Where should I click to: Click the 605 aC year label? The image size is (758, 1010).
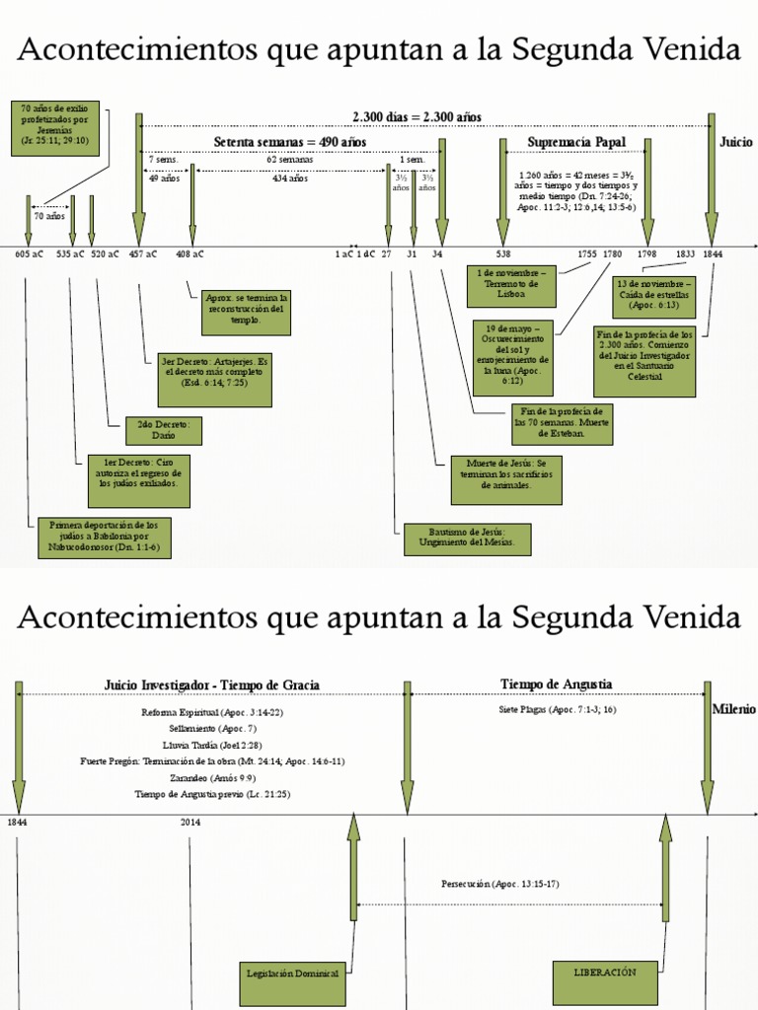[29, 254]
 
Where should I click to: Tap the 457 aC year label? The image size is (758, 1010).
[143, 254]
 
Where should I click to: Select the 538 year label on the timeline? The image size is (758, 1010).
[503, 254]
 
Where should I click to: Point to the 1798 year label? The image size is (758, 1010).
[646, 254]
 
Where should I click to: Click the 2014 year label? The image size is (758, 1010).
[190, 822]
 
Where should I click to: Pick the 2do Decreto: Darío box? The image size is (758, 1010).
[164, 431]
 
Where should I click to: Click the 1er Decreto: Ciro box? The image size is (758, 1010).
[137, 472]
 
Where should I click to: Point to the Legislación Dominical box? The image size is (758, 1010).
[292, 974]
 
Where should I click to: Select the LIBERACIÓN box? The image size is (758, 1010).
[604, 972]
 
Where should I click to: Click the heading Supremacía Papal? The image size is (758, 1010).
[576, 143]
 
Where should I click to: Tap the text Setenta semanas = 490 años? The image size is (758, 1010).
[289, 143]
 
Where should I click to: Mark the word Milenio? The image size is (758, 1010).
[733, 709]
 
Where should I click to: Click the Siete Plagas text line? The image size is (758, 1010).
[558, 709]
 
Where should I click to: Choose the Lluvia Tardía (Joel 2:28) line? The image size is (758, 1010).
[212, 745]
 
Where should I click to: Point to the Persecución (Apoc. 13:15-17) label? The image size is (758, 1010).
[500, 884]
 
